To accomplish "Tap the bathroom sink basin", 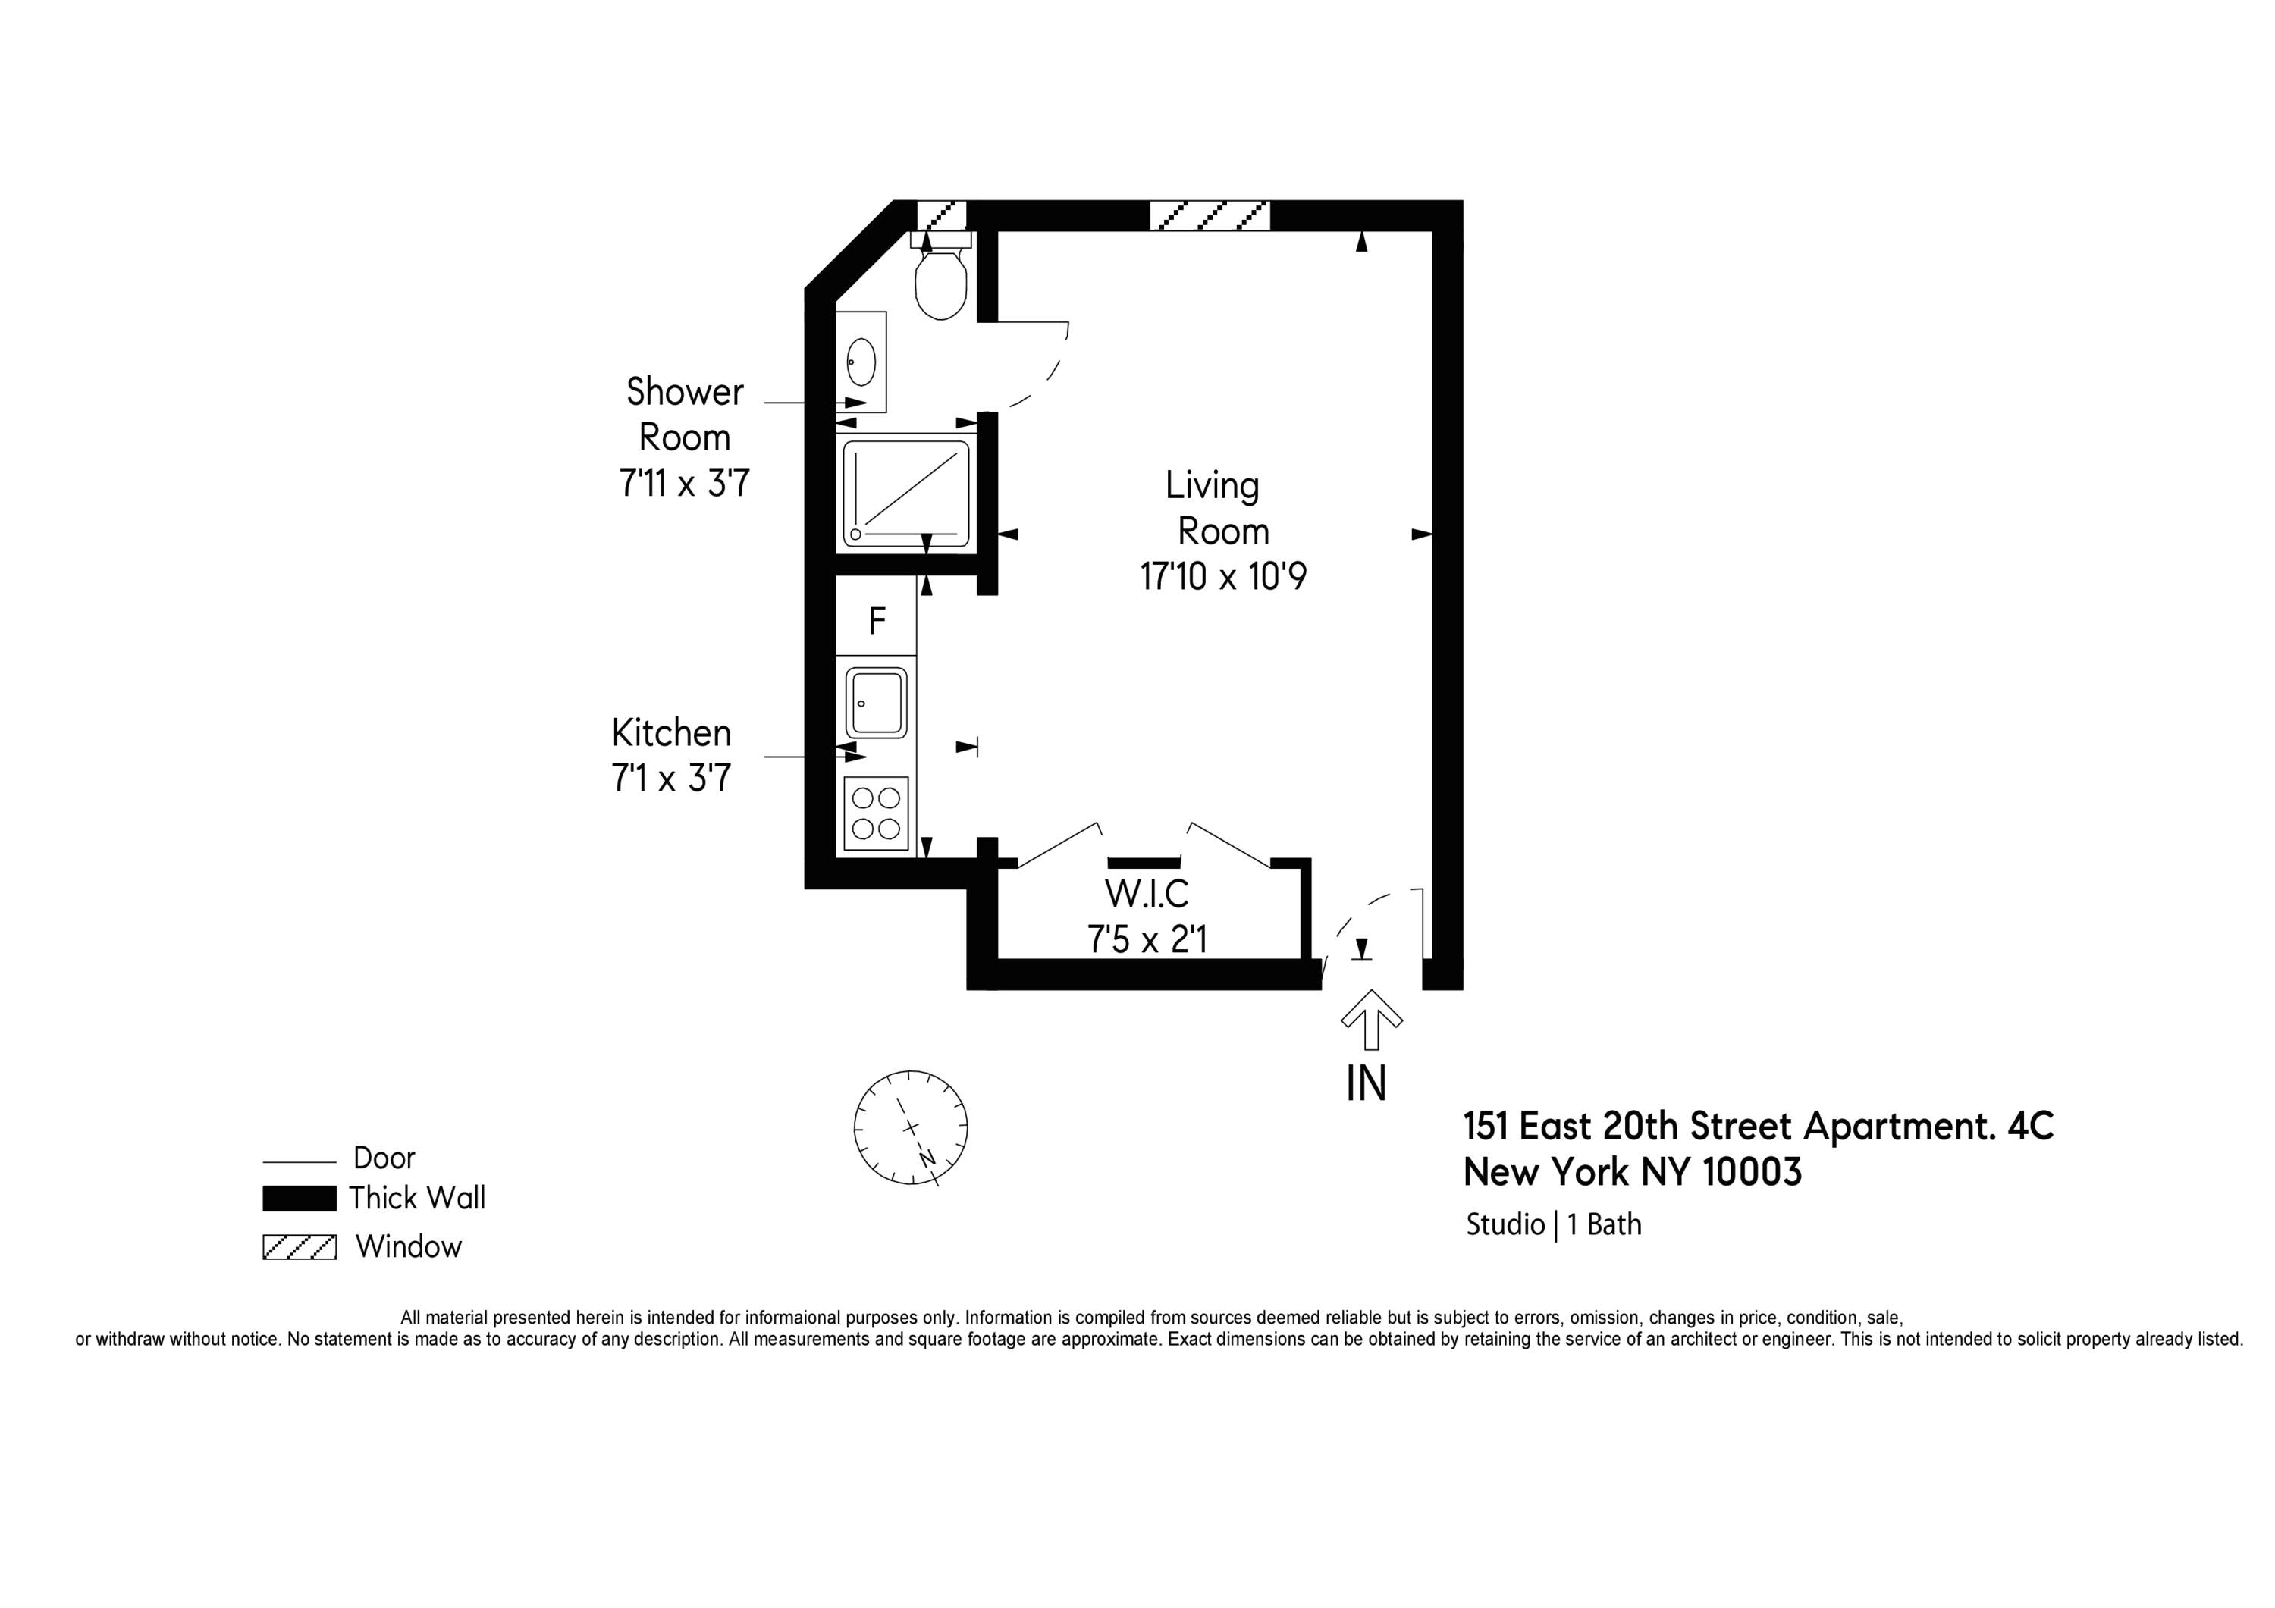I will tap(860, 362).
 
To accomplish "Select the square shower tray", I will tap(905, 494).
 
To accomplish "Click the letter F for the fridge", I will tap(877, 621).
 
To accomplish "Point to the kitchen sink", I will tap(876, 703).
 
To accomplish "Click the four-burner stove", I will tap(876, 813).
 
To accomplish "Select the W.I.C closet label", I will tap(1147, 894).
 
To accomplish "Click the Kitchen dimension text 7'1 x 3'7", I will tap(671, 778).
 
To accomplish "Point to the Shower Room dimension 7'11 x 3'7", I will tap(684, 482).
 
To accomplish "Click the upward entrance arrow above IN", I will tap(1371, 1018).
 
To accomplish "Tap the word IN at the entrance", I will tap(1366, 1084).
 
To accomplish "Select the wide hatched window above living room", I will tap(1210, 215).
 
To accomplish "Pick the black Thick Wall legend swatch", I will tap(300, 1198).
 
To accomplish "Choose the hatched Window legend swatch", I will tap(300, 1246).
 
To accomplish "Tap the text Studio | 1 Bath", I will tap(1552, 1224).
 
